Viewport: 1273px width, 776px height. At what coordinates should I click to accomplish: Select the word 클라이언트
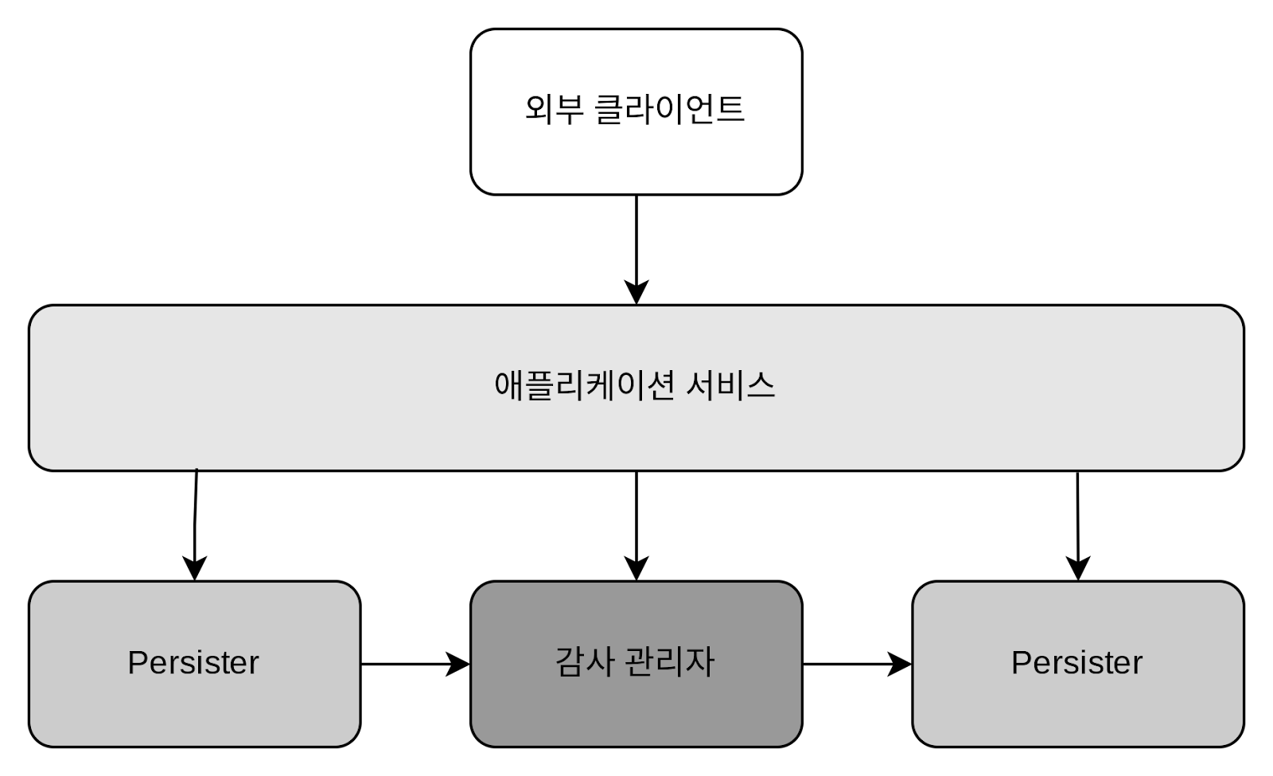(x=669, y=109)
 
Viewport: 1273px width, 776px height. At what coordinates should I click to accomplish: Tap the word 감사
(x=585, y=662)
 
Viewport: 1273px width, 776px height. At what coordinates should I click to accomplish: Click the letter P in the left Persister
(x=138, y=662)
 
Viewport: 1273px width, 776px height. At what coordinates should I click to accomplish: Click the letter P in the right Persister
(x=1021, y=662)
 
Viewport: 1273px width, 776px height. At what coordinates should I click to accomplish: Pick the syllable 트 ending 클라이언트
(x=730, y=109)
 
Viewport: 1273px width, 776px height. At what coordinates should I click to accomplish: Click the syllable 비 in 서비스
(x=730, y=386)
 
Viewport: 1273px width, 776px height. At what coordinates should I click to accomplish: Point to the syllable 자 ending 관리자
(x=699, y=662)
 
